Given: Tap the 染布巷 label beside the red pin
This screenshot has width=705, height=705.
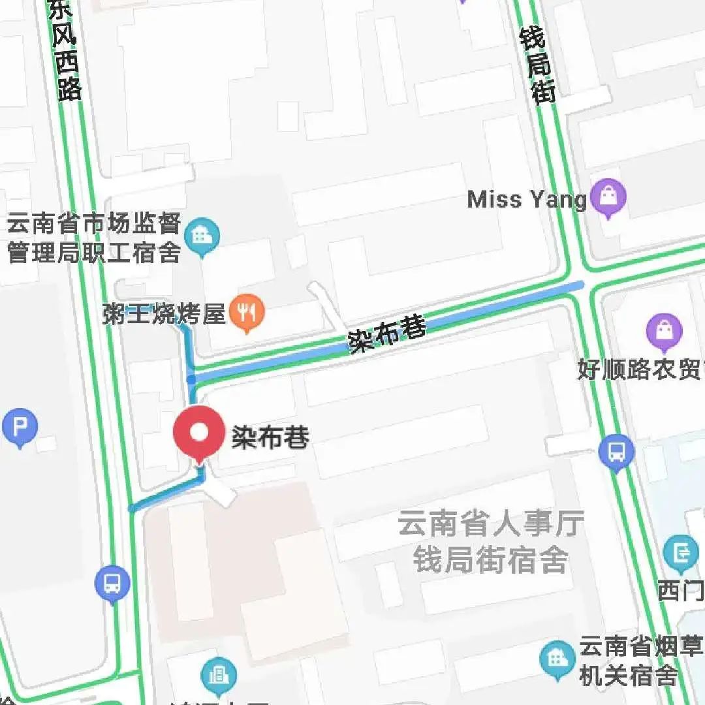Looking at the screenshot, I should (x=270, y=437).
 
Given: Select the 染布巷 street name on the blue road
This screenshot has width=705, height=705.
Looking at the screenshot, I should (x=387, y=334).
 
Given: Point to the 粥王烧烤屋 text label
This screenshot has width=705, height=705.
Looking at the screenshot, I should (x=164, y=314).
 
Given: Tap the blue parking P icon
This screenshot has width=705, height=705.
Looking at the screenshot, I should (x=20, y=428).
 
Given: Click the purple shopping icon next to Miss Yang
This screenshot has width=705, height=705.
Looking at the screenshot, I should (x=608, y=197).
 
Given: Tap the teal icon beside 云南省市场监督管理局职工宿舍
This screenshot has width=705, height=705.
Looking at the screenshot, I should (x=202, y=236).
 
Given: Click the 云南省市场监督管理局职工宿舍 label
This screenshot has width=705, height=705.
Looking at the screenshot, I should (x=93, y=239).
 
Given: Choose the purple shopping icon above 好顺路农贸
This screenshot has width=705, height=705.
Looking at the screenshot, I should (x=664, y=331).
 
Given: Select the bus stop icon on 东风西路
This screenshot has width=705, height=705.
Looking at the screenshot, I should (x=112, y=582).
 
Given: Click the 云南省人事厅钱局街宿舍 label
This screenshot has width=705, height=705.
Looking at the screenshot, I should (x=491, y=542).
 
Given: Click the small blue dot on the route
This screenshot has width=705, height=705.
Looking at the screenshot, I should (x=191, y=379).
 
